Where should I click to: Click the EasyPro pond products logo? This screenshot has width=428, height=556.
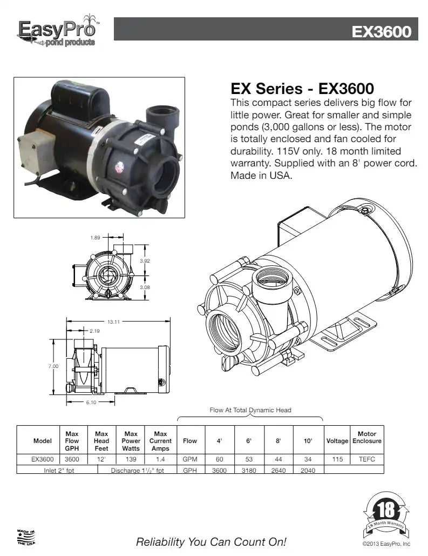[x=57, y=31]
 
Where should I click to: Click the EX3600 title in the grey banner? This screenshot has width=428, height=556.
[x=381, y=32]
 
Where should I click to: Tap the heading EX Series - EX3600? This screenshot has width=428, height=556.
[x=302, y=88]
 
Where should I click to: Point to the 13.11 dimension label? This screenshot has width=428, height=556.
[x=113, y=322]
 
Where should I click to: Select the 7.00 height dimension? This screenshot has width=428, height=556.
[x=53, y=366]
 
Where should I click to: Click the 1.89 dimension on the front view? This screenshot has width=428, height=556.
[x=95, y=238]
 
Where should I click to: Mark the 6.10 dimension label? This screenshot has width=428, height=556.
[x=91, y=403]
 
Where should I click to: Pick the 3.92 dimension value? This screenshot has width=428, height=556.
[x=145, y=260]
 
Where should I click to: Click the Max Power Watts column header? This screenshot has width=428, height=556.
[x=131, y=441]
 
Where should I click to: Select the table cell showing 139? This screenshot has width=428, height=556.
[x=131, y=459]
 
